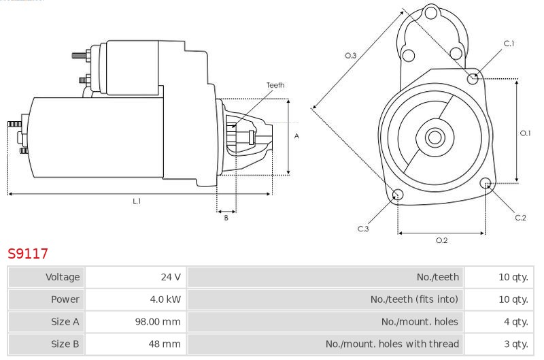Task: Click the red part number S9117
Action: (x=28, y=253)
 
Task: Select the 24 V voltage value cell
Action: (x=171, y=277)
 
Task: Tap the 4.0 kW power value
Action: (x=165, y=299)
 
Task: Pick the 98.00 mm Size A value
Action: (x=158, y=321)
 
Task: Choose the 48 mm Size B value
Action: (x=165, y=344)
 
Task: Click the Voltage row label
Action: (x=63, y=277)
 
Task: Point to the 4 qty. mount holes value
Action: (x=516, y=322)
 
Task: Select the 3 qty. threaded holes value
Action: (x=516, y=344)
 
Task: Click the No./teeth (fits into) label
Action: (x=414, y=299)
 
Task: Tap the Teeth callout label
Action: (x=275, y=85)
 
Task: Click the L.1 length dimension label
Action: (x=137, y=201)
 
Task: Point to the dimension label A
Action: (x=296, y=136)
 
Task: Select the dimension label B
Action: (x=226, y=218)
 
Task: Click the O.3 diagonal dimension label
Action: (x=350, y=56)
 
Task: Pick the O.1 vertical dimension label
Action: (x=525, y=133)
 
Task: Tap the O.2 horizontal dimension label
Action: (x=441, y=240)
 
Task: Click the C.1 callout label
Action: (x=509, y=44)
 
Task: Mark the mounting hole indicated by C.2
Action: (x=486, y=183)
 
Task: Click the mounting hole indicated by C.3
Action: (x=398, y=195)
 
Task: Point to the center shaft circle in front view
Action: (x=435, y=137)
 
